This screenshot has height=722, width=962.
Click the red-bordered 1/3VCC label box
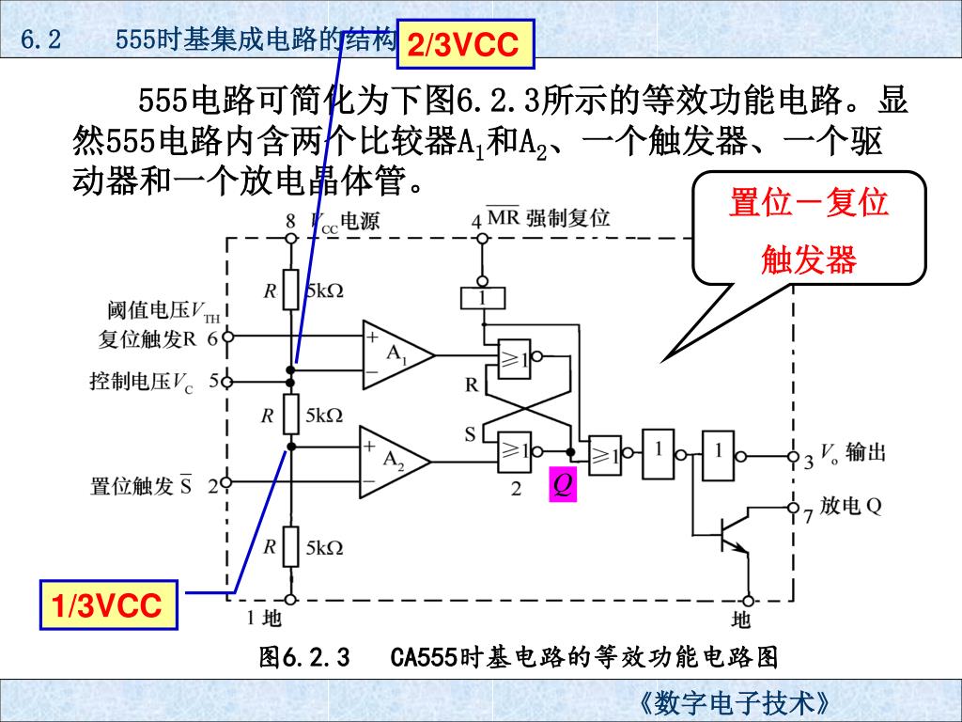coord(107,606)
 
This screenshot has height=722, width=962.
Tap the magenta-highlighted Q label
coord(562,485)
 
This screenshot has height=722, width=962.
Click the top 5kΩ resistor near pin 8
coord(291,290)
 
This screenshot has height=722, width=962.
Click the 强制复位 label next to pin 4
coord(567,219)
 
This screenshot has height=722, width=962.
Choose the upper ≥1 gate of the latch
coord(514,357)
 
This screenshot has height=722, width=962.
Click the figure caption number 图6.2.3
coord(304,656)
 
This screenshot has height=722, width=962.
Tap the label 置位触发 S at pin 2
coord(141,486)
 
